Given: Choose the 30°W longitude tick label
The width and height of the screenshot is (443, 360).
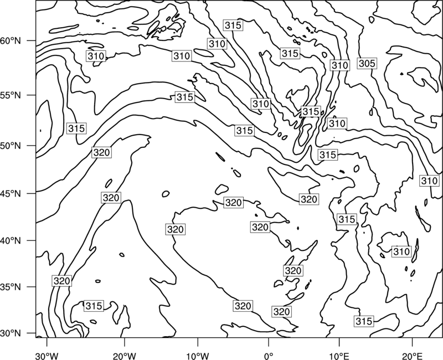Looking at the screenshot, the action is point(47,354).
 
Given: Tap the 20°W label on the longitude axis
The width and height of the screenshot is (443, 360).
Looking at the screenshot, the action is point(124,354).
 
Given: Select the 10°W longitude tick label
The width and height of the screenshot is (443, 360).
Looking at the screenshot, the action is point(198,354).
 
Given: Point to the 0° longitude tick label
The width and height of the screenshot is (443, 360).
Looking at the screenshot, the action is point(269,354).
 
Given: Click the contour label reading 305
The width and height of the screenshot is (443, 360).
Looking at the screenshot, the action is point(367,64).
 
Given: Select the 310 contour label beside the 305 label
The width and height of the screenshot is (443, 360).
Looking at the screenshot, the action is point(339,65).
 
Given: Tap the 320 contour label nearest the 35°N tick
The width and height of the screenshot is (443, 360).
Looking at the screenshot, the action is point(61,281).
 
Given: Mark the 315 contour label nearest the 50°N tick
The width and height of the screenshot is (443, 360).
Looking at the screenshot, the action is point(76,128).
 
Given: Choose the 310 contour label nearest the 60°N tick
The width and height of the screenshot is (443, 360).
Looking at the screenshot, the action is point(96,56).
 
